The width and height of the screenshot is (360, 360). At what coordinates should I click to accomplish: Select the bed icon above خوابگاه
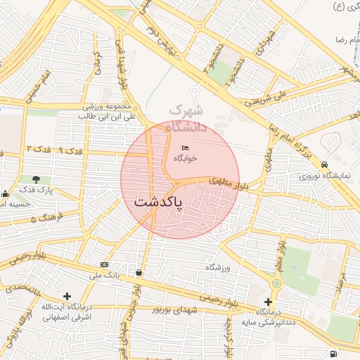click(x=185, y=147)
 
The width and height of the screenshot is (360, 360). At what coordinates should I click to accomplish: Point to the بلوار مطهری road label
click(x=224, y=183)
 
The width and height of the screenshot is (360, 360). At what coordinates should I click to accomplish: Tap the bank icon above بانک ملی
click(x=105, y=264)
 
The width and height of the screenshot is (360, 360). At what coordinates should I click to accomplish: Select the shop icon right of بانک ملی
click(x=139, y=273)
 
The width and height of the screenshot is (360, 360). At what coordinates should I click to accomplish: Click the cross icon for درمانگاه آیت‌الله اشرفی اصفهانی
click(x=67, y=296)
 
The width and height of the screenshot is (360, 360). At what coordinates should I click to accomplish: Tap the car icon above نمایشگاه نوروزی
click(x=324, y=165)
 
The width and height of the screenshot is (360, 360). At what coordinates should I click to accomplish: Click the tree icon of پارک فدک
click(x=36, y=179)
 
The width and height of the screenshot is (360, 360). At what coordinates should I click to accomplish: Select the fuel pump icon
click(x=332, y=353)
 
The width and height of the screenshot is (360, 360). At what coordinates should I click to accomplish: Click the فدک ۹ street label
click(x=70, y=150)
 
